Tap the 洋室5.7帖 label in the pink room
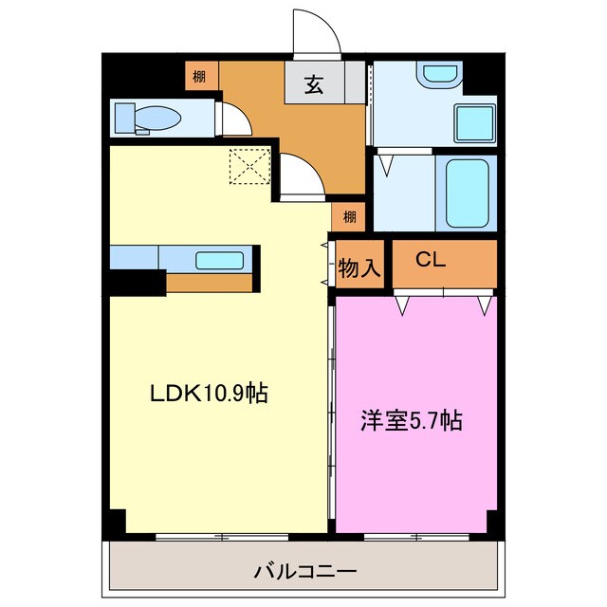(410, 420)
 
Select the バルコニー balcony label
(303, 572)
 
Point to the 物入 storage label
(359, 268)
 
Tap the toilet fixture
(147, 118)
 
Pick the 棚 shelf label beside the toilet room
(198, 76)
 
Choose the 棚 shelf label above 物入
(350, 216)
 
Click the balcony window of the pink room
(415, 536)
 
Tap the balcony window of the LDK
(219, 536)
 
